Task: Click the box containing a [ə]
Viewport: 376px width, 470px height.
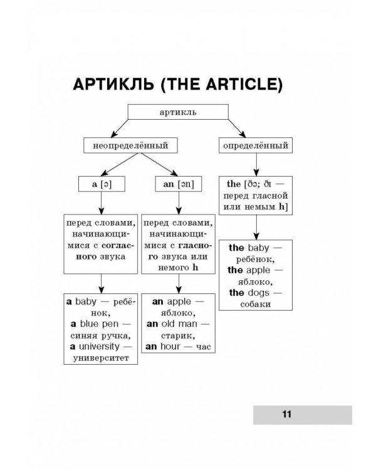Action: tap(101, 184)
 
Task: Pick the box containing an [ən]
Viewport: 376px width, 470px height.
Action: tap(179, 184)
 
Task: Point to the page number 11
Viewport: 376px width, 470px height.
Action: tap(287, 414)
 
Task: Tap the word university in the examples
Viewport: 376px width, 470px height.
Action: tap(98, 345)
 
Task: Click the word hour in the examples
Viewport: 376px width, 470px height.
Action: tap(169, 345)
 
